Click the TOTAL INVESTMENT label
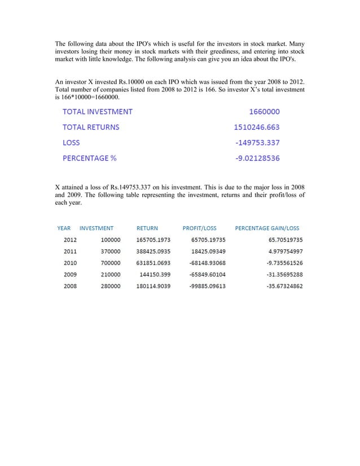click(97, 112)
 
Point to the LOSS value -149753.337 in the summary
click(257, 143)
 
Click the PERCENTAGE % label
click(89, 158)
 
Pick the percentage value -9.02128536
click(257, 158)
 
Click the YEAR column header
click(64, 228)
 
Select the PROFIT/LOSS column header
click(199, 228)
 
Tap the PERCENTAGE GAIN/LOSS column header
click(267, 228)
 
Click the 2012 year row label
click(70, 239)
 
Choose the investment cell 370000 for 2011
click(111, 251)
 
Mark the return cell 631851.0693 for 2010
click(153, 263)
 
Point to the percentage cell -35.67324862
click(284, 287)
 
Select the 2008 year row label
click(70, 287)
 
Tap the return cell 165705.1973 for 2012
click(153, 239)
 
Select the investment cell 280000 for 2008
click(111, 287)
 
